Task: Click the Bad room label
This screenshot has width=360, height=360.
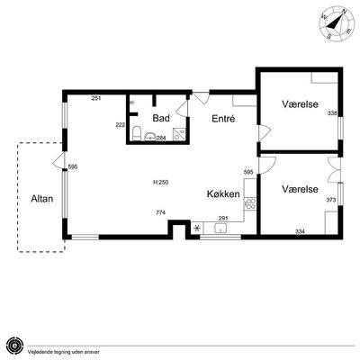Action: [x=161, y=118]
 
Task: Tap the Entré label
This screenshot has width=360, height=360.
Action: [x=223, y=119]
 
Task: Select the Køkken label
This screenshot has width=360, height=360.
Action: [x=223, y=194]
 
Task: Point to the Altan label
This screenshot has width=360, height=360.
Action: [x=42, y=199]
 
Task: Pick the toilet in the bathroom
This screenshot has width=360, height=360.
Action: [x=137, y=134]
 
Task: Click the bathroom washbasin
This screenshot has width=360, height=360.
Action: [x=150, y=137]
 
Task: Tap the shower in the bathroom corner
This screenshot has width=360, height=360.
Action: [x=179, y=134]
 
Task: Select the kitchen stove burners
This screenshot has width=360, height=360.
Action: [x=250, y=203]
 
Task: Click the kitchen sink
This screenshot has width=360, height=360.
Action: [x=220, y=229]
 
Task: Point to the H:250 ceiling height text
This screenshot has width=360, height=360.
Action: [x=160, y=182]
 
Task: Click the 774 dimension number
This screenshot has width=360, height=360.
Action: [x=161, y=212]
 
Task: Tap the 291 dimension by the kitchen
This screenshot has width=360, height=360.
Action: [x=223, y=218]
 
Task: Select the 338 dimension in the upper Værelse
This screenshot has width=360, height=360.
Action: [x=332, y=113]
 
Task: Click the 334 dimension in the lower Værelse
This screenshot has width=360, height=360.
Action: [x=300, y=231]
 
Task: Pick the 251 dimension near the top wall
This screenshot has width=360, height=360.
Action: [x=96, y=98]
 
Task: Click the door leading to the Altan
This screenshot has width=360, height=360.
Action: [x=58, y=160]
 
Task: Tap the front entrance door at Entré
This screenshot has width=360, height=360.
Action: [x=201, y=97]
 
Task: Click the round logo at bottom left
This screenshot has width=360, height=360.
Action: [x=14, y=346]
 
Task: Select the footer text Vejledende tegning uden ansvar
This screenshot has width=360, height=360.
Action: [x=64, y=352]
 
